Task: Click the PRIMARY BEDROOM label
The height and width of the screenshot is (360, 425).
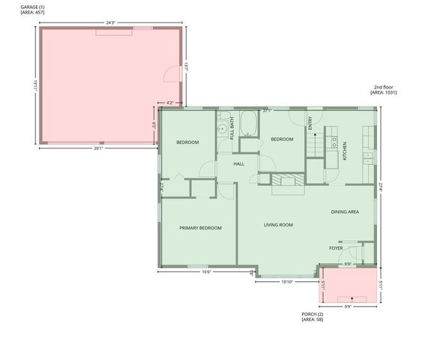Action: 200,228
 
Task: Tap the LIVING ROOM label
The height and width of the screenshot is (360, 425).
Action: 277,225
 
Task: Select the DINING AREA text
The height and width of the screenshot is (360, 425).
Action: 345,212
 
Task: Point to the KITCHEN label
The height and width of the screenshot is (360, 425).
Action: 345,151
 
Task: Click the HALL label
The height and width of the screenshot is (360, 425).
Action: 238,163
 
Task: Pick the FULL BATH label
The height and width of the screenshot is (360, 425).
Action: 232,129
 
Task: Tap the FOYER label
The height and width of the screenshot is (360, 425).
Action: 336,248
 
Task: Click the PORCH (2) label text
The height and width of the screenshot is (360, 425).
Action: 313,314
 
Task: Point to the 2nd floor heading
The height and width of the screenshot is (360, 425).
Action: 385,87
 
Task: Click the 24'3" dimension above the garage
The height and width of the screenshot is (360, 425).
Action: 110,23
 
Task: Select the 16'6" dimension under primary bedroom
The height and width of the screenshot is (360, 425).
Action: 206,272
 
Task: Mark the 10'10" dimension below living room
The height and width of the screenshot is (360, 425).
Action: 286,282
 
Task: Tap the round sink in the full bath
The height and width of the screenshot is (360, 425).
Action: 223,130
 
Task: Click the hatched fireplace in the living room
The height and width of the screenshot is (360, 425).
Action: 289,179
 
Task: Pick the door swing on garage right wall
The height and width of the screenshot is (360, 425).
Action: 172,73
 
